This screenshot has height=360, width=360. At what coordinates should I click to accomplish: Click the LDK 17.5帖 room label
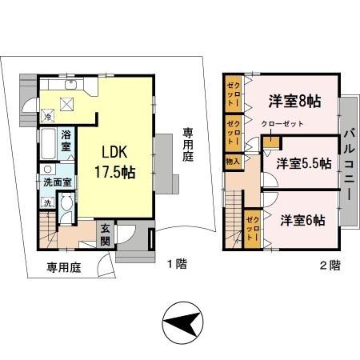click(114, 159)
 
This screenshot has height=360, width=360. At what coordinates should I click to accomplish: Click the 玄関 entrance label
click(106, 233)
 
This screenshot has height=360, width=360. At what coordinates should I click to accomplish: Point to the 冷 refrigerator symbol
click(48, 116)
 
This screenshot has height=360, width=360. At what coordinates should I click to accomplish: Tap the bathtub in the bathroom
click(45, 146)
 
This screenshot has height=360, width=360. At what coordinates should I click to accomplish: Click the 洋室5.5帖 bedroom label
click(304, 163)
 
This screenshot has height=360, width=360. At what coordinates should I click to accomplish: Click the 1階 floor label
click(177, 263)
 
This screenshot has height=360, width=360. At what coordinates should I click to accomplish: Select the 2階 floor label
click(330, 263)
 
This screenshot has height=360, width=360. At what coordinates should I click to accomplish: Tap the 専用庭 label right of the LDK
click(187, 145)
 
